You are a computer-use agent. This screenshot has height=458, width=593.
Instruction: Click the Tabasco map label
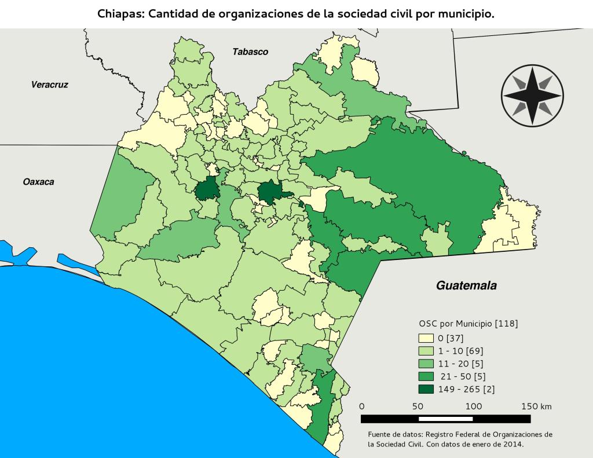coord(250,52)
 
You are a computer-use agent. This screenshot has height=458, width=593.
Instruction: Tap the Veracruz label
coord(49,85)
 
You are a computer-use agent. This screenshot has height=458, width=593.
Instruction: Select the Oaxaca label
coord(38,182)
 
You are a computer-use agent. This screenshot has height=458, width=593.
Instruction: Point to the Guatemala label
coord(467,285)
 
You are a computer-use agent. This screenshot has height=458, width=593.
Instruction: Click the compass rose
coord(531,95)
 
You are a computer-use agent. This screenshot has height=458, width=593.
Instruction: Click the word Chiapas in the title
coord(122,14)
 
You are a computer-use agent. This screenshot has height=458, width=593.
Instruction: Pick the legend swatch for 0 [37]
coord(426,338)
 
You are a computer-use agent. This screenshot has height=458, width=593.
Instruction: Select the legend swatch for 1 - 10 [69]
coord(426,351)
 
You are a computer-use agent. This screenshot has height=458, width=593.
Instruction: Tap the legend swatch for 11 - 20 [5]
coord(426,364)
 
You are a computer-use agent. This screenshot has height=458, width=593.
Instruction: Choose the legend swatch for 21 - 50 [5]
coord(426,376)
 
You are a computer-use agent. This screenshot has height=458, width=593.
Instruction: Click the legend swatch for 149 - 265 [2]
coord(426,389)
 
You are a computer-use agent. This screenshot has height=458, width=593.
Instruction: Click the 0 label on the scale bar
coord(362,406)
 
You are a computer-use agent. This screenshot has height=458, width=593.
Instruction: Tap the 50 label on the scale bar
coord(418,406)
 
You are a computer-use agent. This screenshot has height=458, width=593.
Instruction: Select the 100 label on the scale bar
coord(473,406)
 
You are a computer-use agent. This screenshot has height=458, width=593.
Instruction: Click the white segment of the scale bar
coord(445,419)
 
